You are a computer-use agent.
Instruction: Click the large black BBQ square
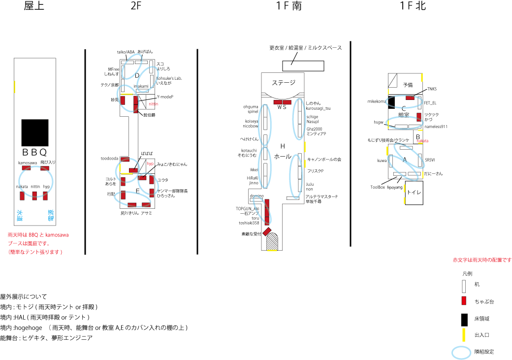coord(34,132)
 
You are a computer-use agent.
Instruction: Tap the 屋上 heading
coord(34,6)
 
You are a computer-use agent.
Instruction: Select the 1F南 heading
coord(289,6)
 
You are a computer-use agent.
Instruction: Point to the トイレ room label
coord(414,193)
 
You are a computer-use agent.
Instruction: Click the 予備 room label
coord(408,85)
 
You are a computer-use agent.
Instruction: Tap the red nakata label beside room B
coord(422,141)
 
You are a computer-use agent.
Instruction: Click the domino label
coord(256,196)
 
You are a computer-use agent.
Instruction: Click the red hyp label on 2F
coord(150,163)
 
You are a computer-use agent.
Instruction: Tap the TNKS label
coord(432,89)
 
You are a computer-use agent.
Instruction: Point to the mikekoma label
coord(377,101)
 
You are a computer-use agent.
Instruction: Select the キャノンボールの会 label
coord(324,160)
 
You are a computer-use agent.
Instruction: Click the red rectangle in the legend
coord(464,301)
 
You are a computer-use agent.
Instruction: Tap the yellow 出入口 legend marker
coord(464,335)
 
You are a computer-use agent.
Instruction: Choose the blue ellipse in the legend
coord(463,352)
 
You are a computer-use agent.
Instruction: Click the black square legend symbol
coord(464,319)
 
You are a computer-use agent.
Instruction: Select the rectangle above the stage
coord(303,66)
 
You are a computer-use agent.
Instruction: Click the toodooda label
coord(109,159)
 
